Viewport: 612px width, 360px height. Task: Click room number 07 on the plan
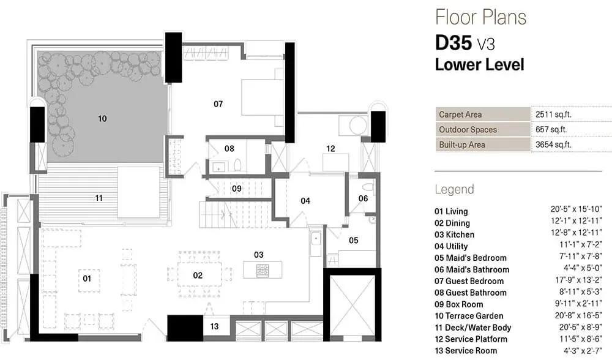pos(218,104)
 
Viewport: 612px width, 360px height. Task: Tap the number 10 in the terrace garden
pos(102,118)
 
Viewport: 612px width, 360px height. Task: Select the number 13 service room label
pos(214,326)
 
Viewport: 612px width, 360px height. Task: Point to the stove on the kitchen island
pos(263,270)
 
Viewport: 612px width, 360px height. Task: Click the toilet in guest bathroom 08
pos(238,165)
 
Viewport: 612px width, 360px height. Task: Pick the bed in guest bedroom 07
pos(263,97)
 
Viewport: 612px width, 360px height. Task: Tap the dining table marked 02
pos(200,275)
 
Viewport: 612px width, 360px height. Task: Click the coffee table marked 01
pos(89,280)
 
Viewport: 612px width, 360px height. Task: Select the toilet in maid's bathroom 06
pos(368,187)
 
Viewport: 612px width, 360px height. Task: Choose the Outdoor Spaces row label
pos(468,130)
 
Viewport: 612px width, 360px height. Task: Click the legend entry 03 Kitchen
pos(454,234)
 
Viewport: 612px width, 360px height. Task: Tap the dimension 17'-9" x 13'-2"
pos(579,281)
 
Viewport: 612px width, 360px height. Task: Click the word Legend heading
pos(454,189)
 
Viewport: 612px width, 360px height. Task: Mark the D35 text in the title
pos(454,43)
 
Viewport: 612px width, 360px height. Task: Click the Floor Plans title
pos(481,17)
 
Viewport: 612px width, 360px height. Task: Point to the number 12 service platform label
pos(330,149)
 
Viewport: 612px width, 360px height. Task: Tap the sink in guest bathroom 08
pos(218,167)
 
